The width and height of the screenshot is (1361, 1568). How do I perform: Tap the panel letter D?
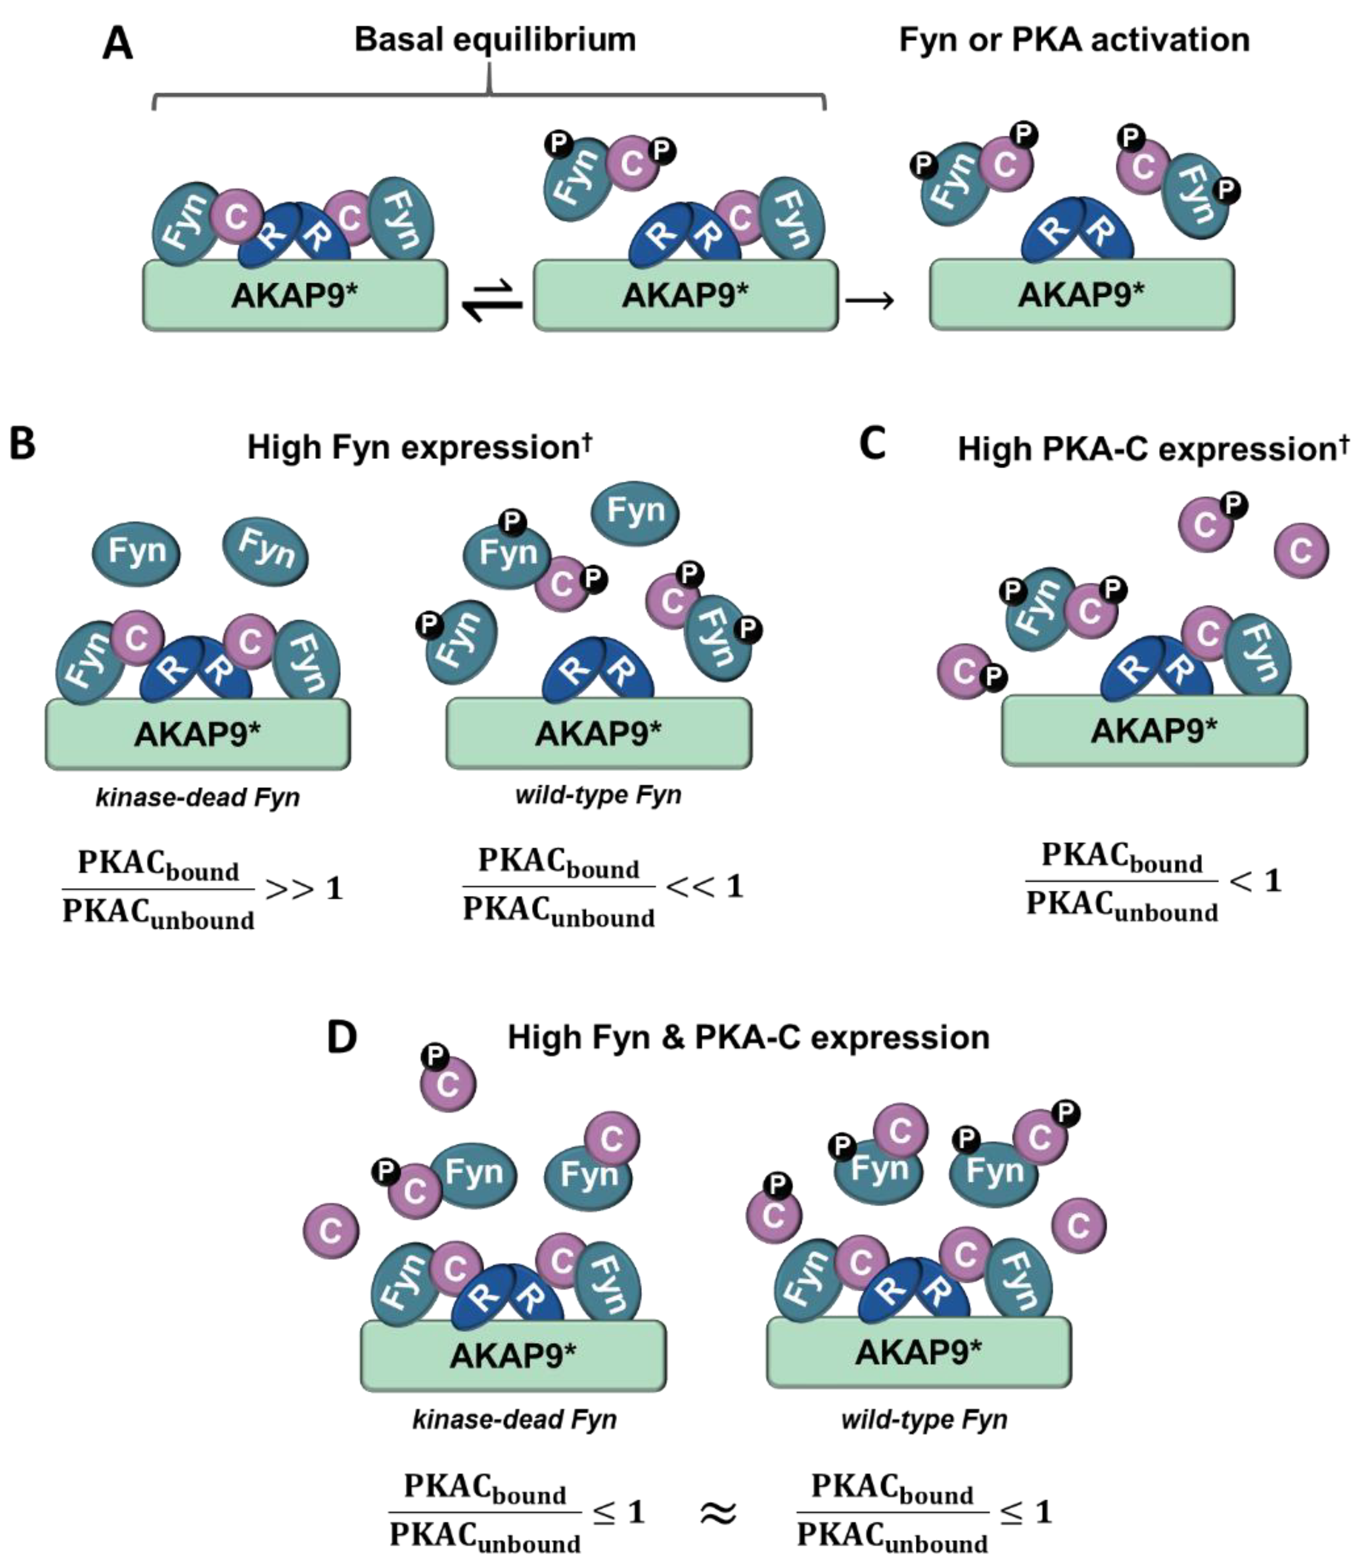click(x=342, y=1037)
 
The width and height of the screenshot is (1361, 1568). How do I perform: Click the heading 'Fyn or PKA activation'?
click(x=1074, y=39)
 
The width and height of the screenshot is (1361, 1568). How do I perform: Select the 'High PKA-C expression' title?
click(x=1153, y=449)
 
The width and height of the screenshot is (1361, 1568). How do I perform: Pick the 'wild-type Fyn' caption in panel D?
click(x=924, y=1419)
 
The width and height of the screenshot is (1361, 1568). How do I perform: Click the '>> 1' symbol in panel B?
click(x=304, y=888)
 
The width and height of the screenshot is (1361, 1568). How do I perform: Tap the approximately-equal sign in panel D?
click(x=717, y=1514)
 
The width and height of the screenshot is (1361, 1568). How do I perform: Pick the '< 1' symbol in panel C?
click(x=1255, y=881)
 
